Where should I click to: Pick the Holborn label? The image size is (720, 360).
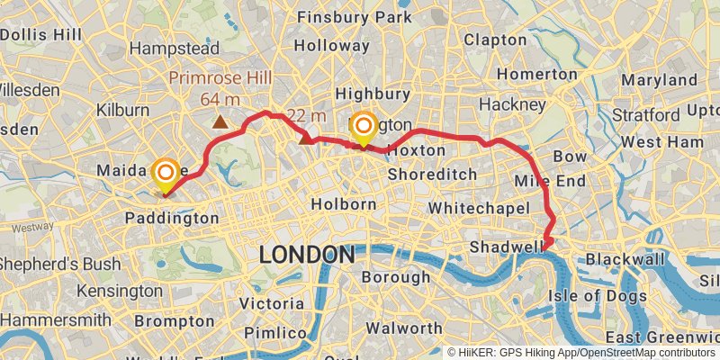coord(343,204)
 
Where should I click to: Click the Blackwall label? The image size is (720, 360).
coord(619,259)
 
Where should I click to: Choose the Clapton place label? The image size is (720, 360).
coord(496,40)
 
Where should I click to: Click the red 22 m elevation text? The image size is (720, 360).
coord(307,115)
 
